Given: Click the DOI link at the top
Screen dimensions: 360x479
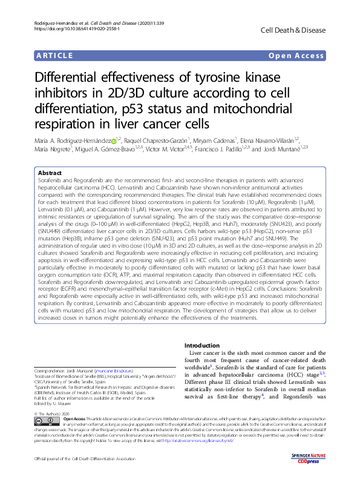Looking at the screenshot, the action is (63, 28).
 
